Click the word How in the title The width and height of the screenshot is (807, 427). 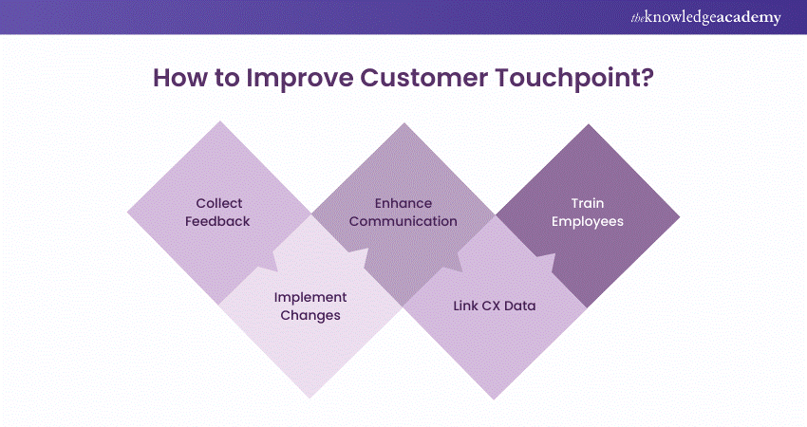click(x=180, y=79)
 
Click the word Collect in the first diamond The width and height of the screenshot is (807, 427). click(x=219, y=203)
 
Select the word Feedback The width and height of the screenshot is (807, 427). click(x=219, y=220)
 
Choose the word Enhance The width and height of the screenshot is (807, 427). click(x=403, y=203)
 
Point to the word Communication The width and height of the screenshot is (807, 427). click(x=403, y=220)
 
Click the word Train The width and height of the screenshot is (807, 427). click(x=588, y=203)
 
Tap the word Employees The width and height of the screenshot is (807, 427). click(x=588, y=220)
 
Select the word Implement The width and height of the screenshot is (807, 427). click(x=310, y=297)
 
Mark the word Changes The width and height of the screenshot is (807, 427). click(x=310, y=315)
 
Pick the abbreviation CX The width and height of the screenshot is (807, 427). click(x=495, y=306)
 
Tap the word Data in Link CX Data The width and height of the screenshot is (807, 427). click(x=524, y=306)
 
